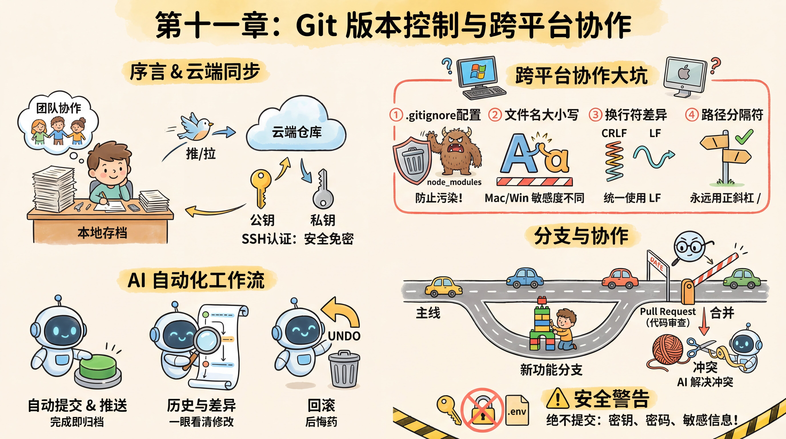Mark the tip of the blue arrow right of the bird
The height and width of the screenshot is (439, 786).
tap(235, 132)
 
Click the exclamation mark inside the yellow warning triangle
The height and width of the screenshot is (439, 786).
tap(558, 399)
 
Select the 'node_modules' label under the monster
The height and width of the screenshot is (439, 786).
tap(454, 182)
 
